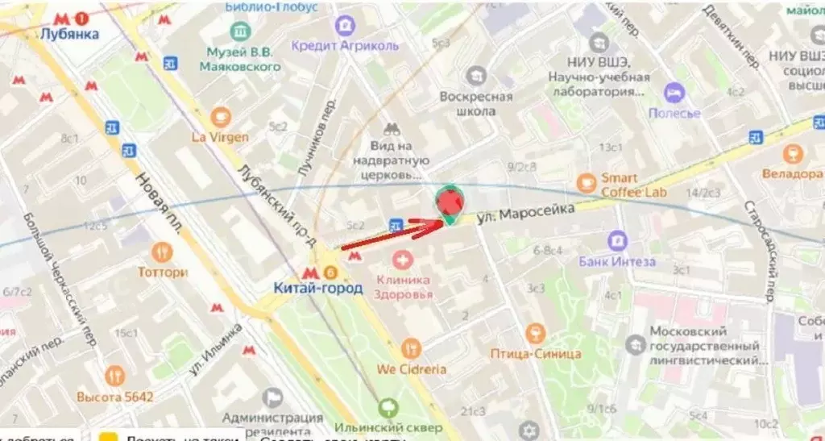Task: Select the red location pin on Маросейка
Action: [x=450, y=202]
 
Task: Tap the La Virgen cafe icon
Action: [x=221, y=116]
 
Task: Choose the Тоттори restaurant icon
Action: [x=164, y=252]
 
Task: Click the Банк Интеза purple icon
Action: [x=618, y=240]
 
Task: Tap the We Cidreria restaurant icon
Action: [x=411, y=348]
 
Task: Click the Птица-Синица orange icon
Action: [x=535, y=333]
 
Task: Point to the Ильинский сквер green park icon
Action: [x=390, y=406]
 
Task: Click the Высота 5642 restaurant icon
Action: [x=115, y=375]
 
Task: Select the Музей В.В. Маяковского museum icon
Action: [x=241, y=31]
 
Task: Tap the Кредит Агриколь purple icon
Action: [x=345, y=26]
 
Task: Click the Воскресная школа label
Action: [x=476, y=104]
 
